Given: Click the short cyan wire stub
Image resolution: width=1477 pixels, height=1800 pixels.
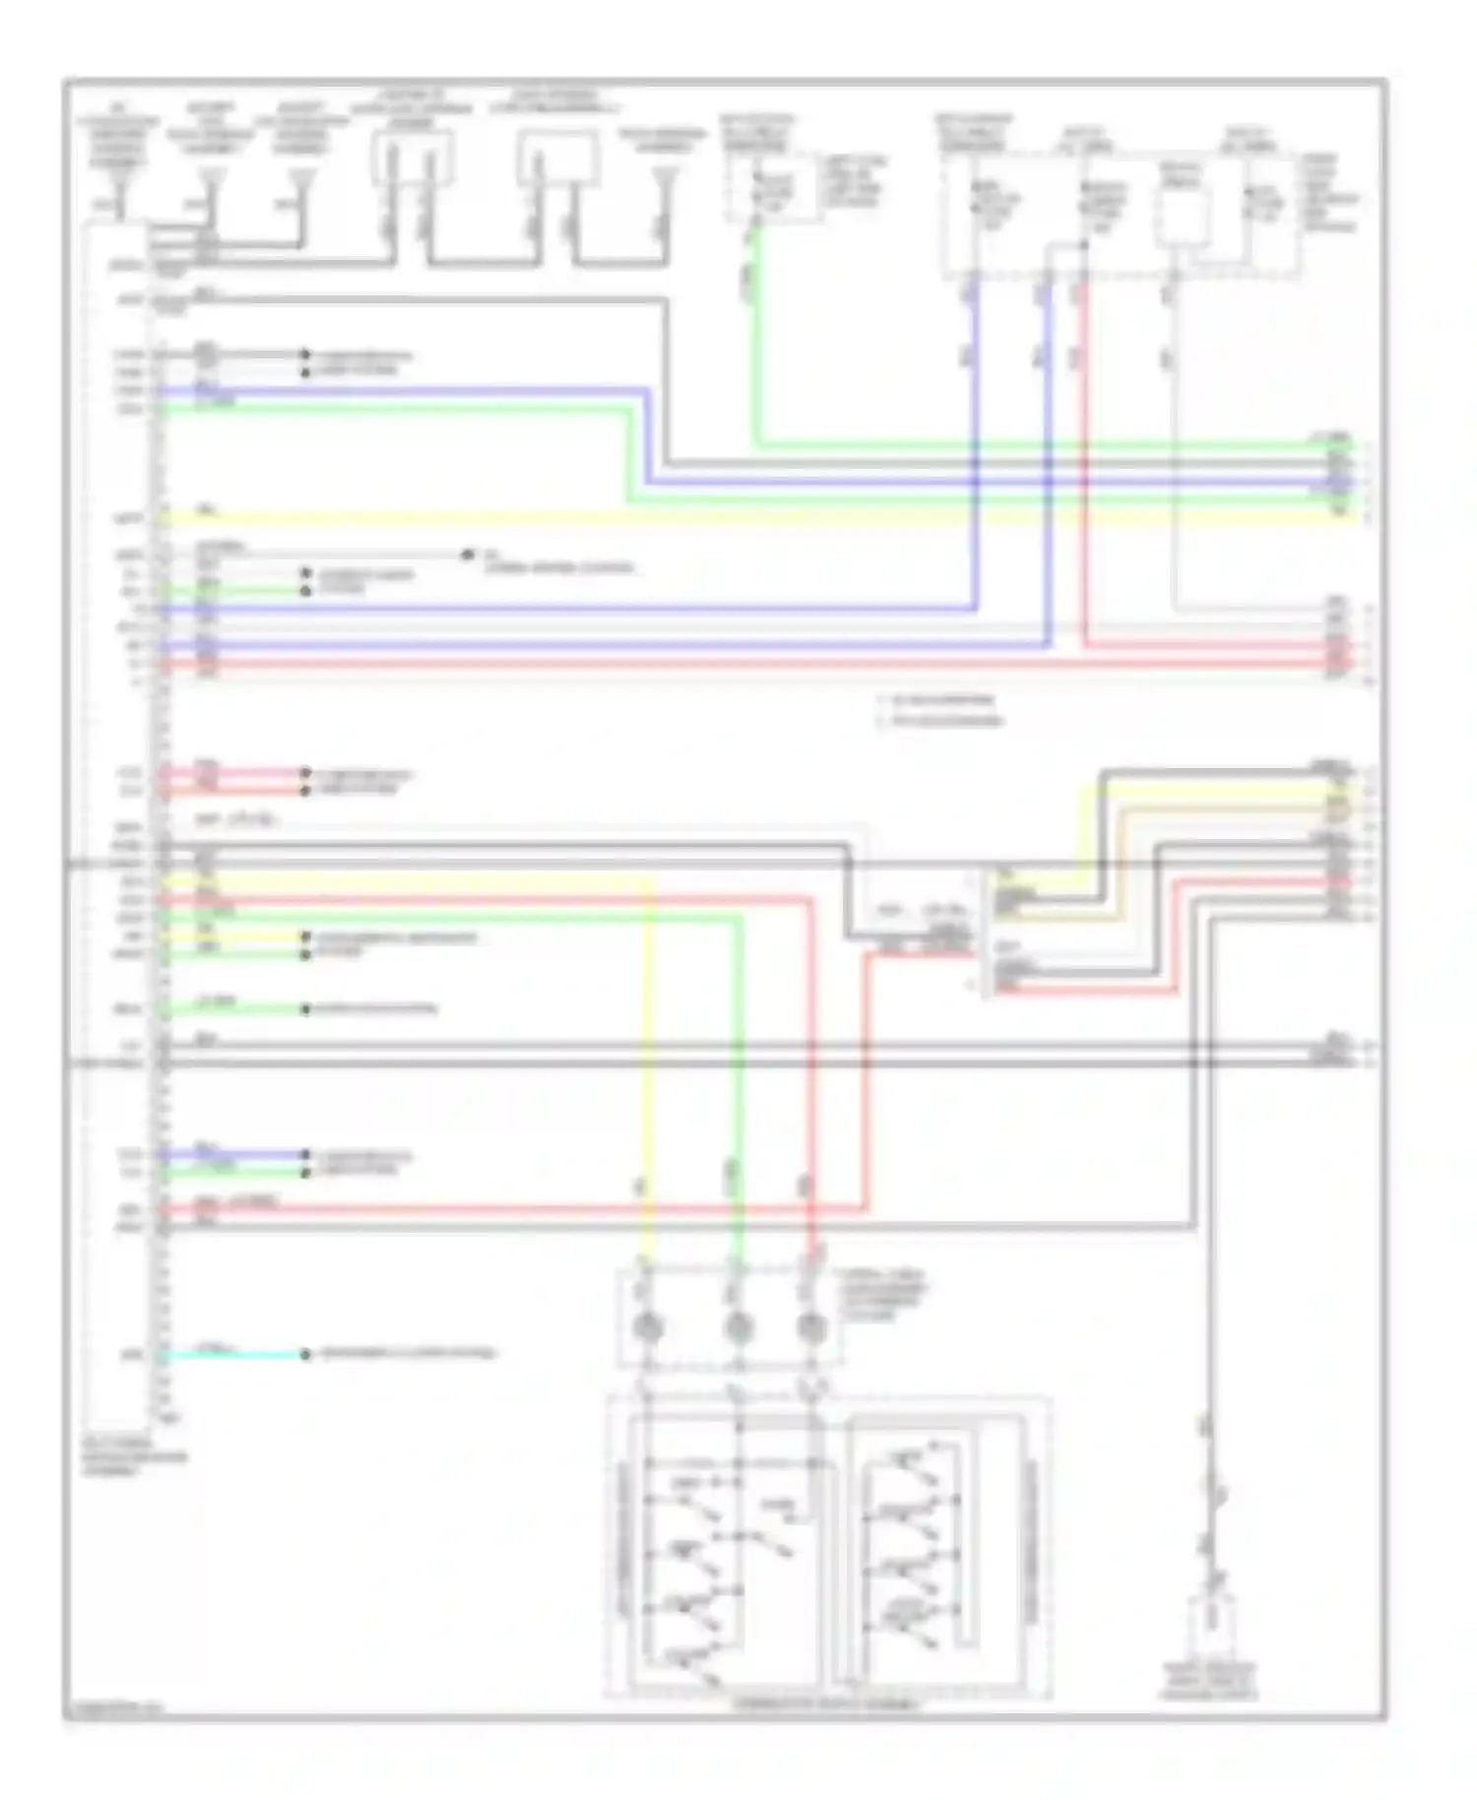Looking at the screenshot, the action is pyautogui.click(x=231, y=1354).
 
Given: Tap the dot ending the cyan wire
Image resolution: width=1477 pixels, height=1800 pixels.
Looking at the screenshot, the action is pyautogui.click(x=305, y=1355).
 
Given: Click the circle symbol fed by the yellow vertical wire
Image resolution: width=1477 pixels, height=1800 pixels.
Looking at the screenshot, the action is pyautogui.click(x=647, y=1328).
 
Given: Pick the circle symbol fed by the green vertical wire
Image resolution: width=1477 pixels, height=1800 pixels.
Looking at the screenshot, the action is pyautogui.click(x=737, y=1328).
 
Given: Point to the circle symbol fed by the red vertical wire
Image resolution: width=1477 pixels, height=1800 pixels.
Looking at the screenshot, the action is pyautogui.click(x=810, y=1328).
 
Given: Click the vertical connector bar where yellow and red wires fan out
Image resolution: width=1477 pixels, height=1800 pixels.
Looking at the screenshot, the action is pyautogui.click(x=988, y=931).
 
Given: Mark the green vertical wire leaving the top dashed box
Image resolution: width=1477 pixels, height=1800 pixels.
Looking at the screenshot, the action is pyautogui.click(x=756, y=335).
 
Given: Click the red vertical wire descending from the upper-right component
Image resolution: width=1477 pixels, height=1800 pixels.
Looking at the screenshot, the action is pyautogui.click(x=1084, y=443).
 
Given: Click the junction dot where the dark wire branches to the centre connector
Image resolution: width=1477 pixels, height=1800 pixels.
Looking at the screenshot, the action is pyautogui.click(x=849, y=863).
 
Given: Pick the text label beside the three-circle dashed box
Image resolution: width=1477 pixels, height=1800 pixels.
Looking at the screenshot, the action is pyautogui.click(x=881, y=1294).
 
